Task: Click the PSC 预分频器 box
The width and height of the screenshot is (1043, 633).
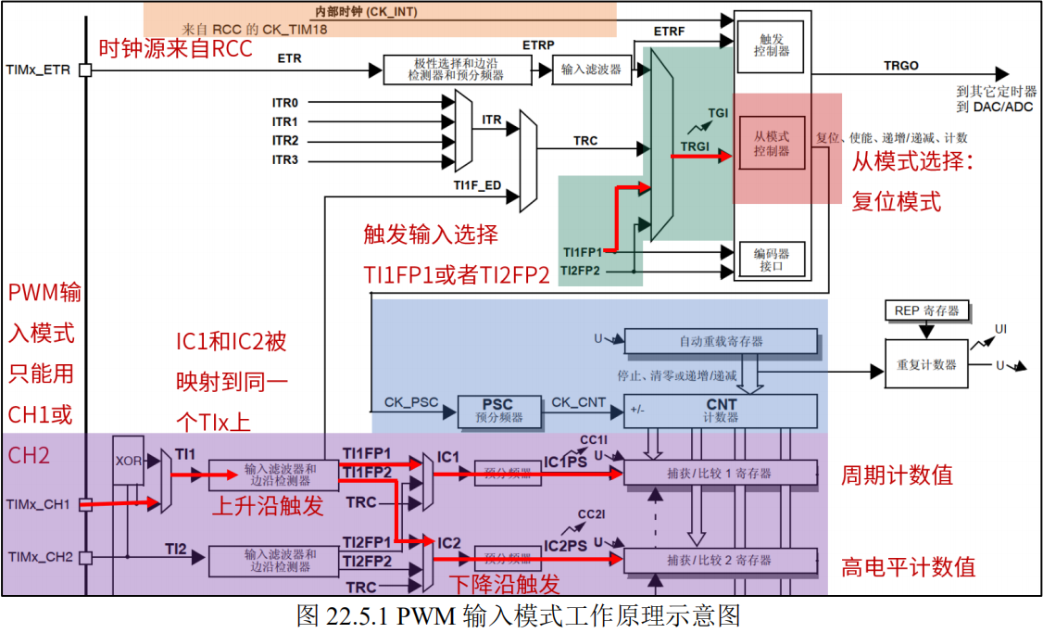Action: click(496, 411)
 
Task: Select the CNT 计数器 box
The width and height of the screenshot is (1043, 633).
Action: click(720, 411)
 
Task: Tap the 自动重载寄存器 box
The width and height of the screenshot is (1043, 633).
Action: click(721, 341)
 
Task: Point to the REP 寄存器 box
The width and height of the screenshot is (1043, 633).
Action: click(926, 310)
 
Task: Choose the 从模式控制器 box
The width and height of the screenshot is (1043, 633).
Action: click(772, 143)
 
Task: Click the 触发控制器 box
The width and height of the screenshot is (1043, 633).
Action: click(772, 44)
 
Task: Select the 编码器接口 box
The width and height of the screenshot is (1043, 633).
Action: click(772, 259)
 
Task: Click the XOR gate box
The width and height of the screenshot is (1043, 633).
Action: click(127, 461)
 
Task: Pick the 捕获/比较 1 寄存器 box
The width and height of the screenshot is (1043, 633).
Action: click(720, 474)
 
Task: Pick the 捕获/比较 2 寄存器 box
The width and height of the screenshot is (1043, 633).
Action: click(720, 560)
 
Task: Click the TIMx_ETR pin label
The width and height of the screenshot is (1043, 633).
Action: click(37, 70)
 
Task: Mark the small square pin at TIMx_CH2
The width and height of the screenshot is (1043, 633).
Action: click(84, 557)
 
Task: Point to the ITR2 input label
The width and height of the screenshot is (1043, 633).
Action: click(284, 141)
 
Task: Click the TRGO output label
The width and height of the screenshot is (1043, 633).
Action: click(901, 66)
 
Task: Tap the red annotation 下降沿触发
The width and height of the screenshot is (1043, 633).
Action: click(505, 584)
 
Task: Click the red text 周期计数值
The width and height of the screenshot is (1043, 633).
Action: click(896, 475)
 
